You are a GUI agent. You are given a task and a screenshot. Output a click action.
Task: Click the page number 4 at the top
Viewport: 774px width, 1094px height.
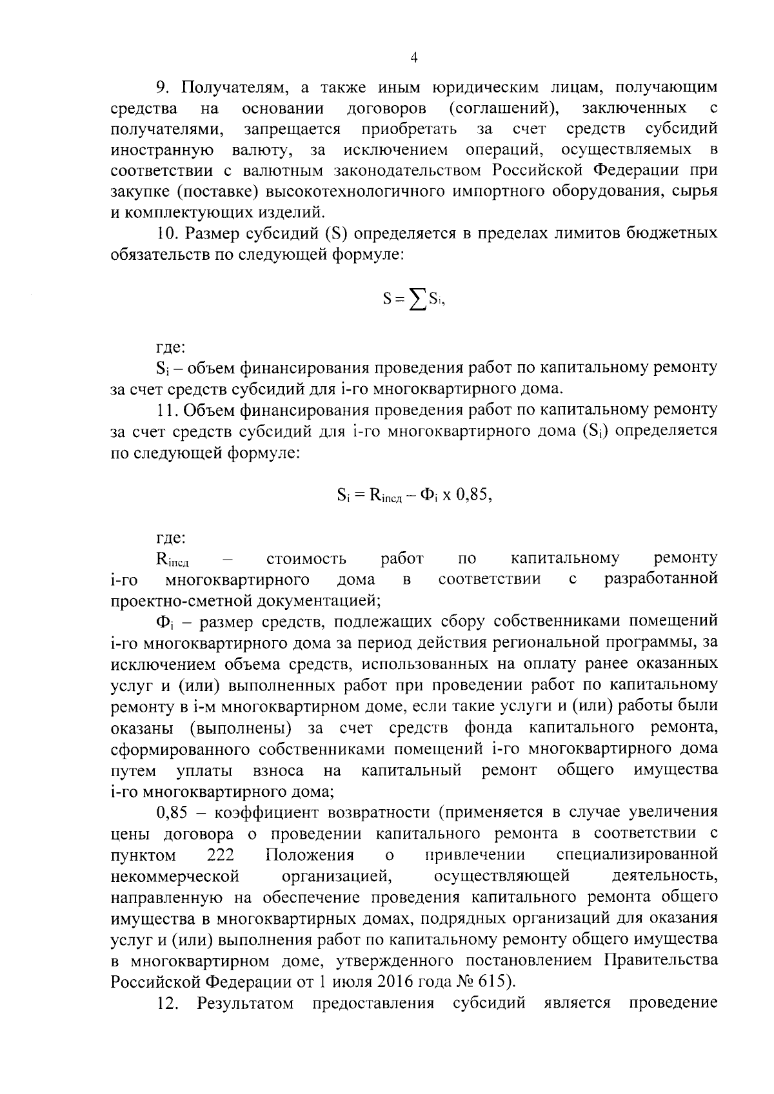click(x=414, y=57)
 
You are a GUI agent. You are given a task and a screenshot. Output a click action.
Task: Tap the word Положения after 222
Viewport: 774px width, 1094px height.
click(x=310, y=855)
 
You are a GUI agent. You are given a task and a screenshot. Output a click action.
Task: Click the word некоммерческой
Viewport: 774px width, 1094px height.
click(x=175, y=876)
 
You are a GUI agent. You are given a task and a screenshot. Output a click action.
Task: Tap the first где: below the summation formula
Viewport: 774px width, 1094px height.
click(x=171, y=348)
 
